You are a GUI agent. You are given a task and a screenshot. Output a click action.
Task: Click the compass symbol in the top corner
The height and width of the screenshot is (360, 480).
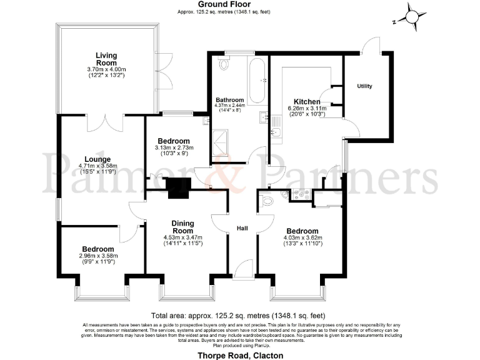pos(410,16)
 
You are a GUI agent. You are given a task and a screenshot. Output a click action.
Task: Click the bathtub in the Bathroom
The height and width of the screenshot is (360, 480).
pos(256,81)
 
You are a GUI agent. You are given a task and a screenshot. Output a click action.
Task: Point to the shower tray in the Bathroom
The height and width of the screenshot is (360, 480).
pos(222,144)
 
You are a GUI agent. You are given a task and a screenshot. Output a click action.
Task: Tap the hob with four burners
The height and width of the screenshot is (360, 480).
pos(301,194)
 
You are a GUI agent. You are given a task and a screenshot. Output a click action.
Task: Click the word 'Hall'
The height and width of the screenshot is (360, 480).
pos(242,229)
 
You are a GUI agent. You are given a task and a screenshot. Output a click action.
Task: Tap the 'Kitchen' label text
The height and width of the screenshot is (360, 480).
pos(307,101)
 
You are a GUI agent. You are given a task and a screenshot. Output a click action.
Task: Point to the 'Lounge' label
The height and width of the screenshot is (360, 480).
pos(99,159)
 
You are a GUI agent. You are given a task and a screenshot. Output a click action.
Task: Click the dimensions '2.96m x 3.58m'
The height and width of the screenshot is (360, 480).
pos(97,256)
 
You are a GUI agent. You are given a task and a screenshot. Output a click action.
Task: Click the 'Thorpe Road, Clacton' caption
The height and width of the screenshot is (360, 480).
pos(240,355)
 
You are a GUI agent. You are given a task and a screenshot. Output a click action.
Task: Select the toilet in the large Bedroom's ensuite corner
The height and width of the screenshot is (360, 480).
pos(267,201)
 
